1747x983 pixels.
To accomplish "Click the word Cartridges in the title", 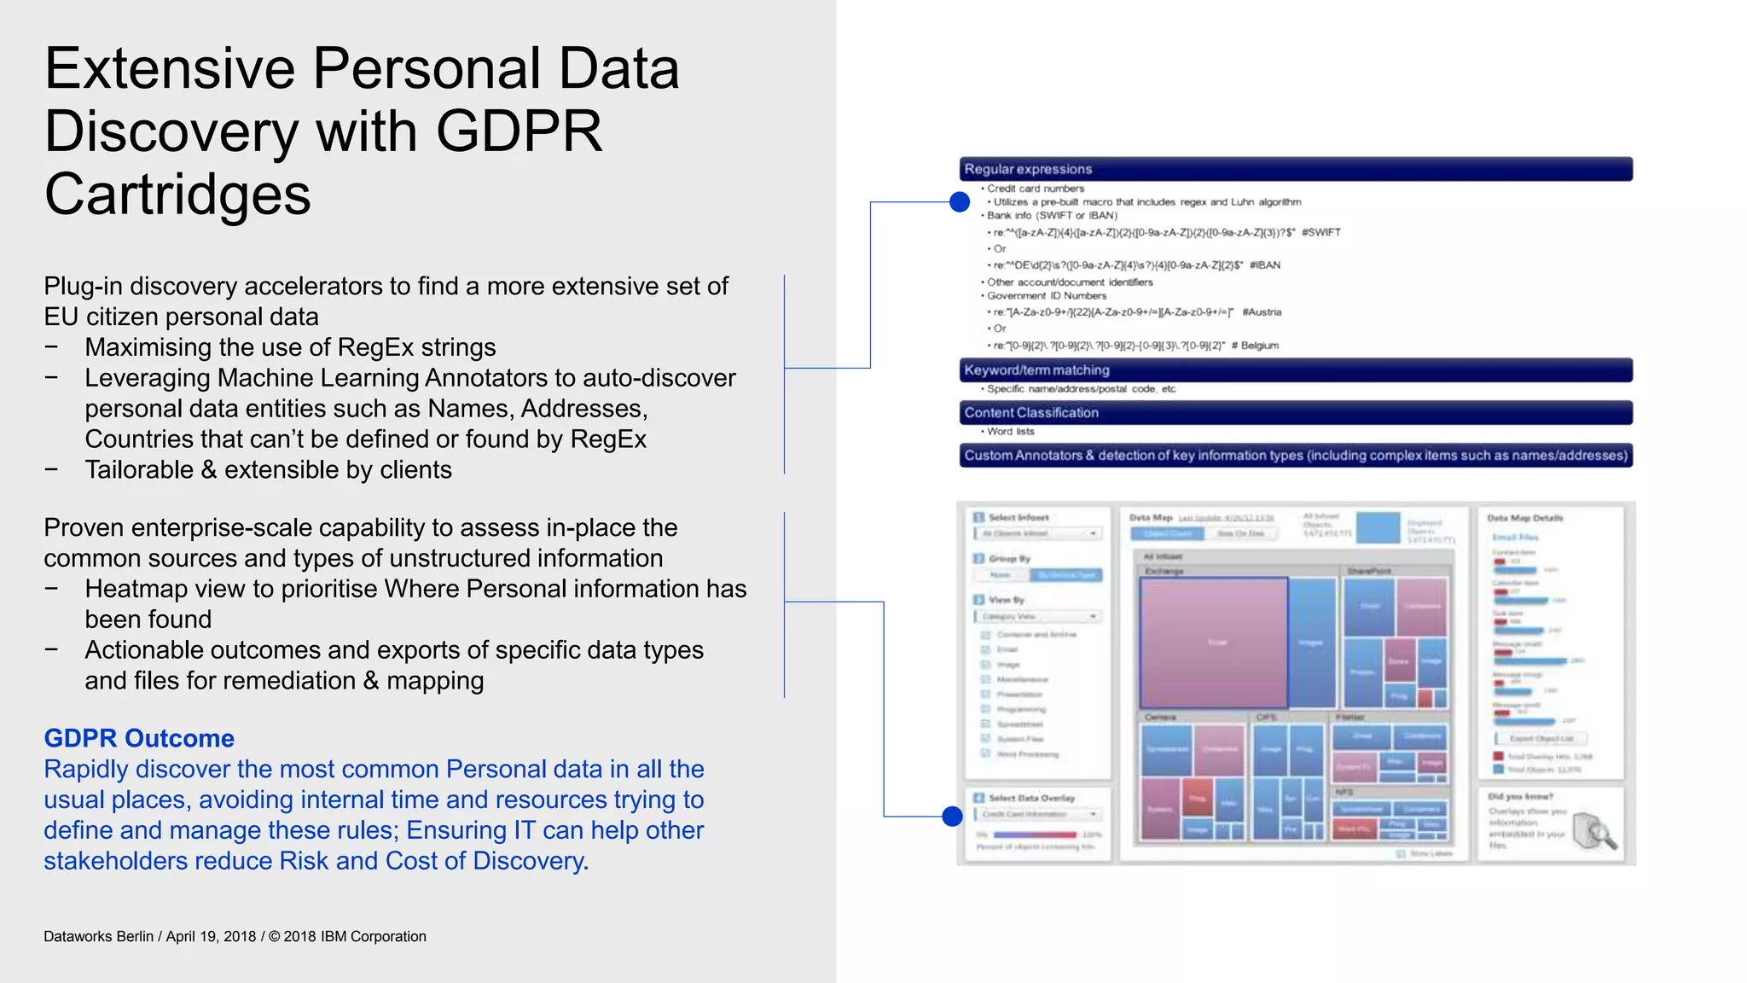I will pyautogui.click(x=177, y=195).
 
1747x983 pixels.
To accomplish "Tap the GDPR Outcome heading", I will pyautogui.click(x=139, y=738).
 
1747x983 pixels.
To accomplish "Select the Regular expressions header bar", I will pyautogui.click(x=1295, y=169).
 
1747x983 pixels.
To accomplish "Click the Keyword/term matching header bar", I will pyautogui.click(x=1295, y=370).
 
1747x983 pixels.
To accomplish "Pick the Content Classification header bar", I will pyautogui.click(x=1295, y=413).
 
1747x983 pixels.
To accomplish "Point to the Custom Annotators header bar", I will pyautogui.click(x=1295, y=456).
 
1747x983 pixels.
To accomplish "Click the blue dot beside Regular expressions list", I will pyautogui.click(x=960, y=202).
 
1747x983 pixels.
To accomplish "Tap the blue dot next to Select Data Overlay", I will pyautogui.click(x=953, y=817).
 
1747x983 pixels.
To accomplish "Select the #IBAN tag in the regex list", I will pyautogui.click(x=1265, y=265).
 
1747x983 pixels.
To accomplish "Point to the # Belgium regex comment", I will pyautogui.click(x=1255, y=346).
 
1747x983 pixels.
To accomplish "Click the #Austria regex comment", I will pyautogui.click(x=1262, y=312).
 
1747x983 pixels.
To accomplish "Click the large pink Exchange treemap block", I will pyautogui.click(x=1214, y=642).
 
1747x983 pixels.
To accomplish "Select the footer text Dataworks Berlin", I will pyautogui.click(x=98, y=936).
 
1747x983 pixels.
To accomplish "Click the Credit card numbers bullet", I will pyautogui.click(x=1036, y=189).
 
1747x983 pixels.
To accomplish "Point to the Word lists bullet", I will pyautogui.click(x=1011, y=432).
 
